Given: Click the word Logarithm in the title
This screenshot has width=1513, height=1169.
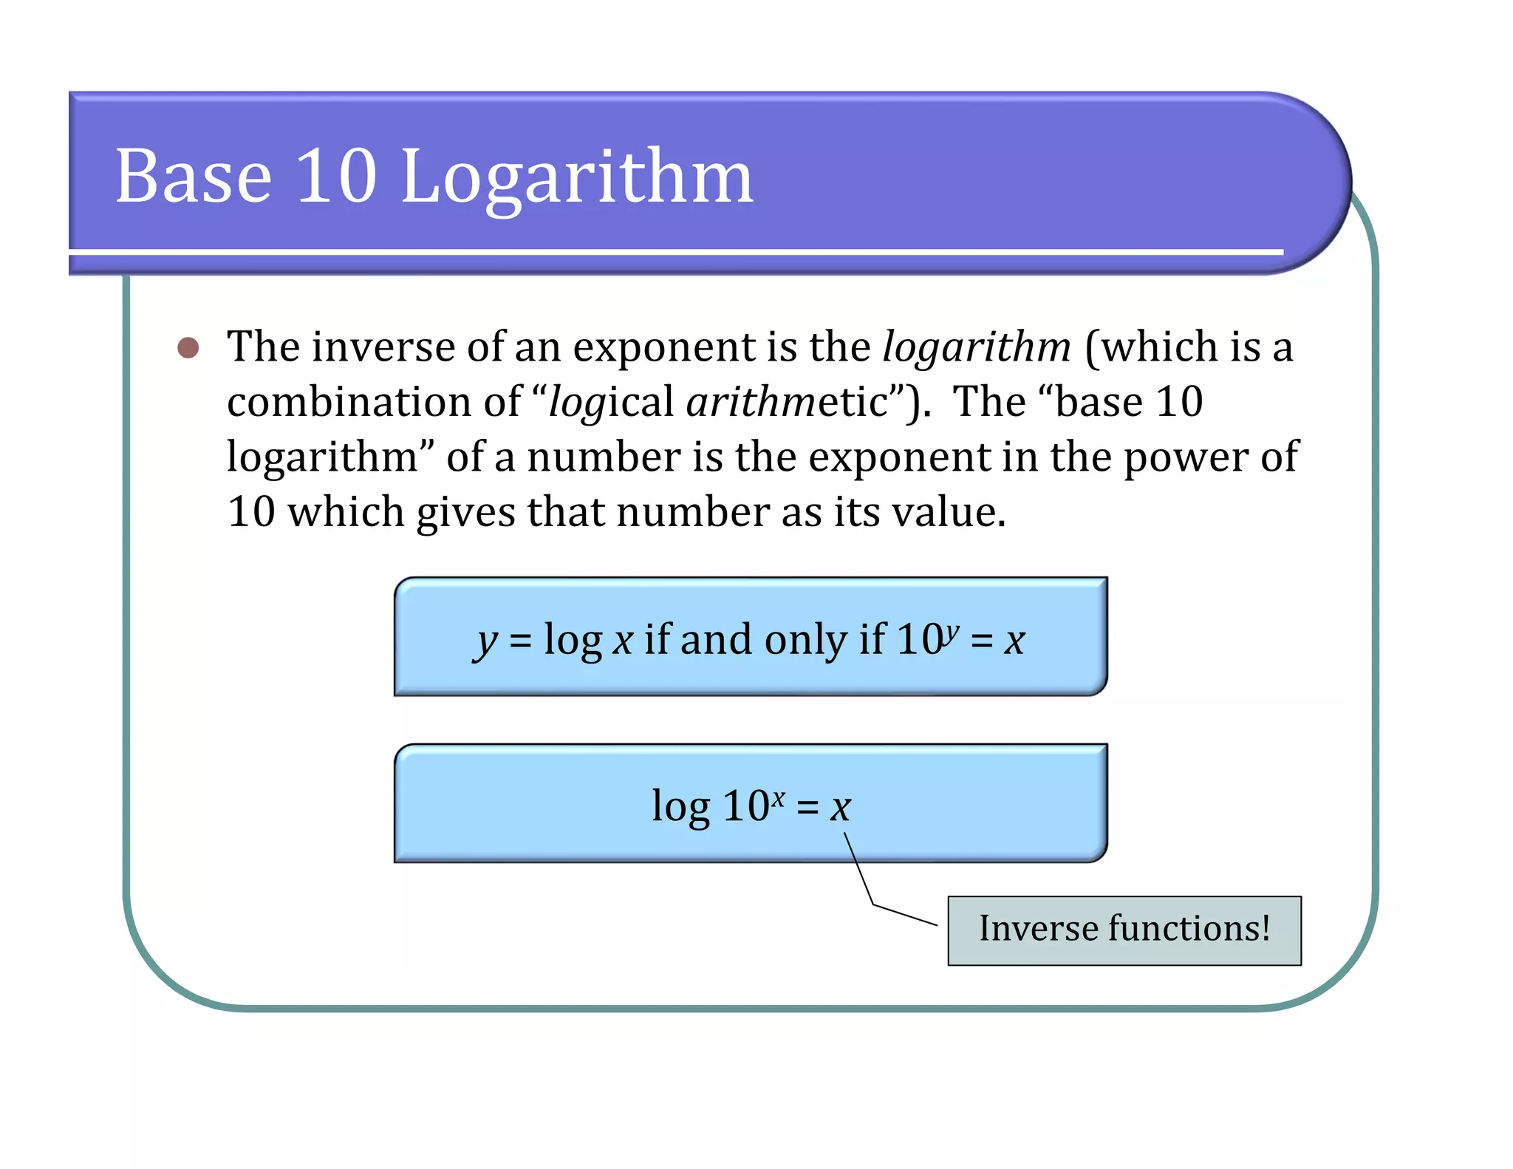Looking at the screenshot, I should (576, 177).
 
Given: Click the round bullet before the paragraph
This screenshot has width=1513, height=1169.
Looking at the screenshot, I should (188, 348).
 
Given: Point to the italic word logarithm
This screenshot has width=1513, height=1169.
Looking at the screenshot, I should (976, 347).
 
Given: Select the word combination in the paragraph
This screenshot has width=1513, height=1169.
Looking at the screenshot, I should (349, 403).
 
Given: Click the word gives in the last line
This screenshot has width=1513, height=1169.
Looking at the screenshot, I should (465, 512).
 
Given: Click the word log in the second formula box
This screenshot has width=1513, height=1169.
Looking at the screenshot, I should (680, 807).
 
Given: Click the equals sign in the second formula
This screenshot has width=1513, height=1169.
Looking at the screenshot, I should (807, 808).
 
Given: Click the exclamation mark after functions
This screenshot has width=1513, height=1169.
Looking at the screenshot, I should (1266, 928).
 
